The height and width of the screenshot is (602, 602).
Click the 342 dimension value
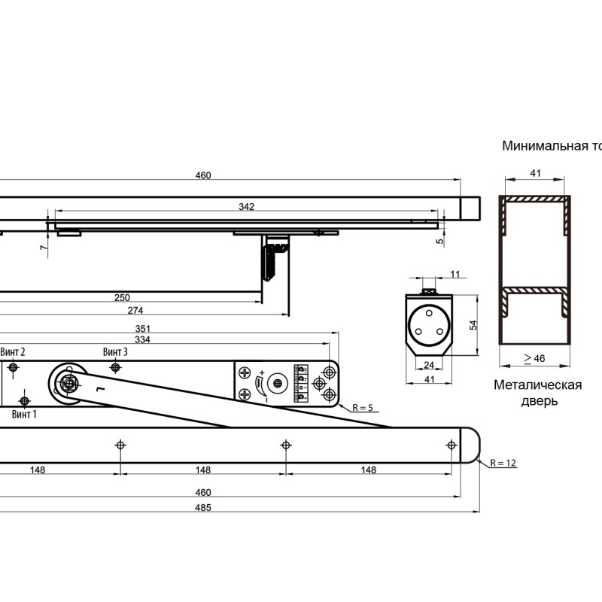coord(246,206)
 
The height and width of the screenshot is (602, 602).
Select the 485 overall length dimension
coord(202,507)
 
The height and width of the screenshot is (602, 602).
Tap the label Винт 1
coord(24,415)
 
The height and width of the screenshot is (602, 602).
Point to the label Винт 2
coord(13,351)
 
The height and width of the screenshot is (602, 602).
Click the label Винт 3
coord(115,351)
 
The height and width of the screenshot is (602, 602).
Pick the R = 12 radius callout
coord(503,463)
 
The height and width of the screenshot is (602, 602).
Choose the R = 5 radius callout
coord(363,408)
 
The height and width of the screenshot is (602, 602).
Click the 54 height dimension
coord(473,325)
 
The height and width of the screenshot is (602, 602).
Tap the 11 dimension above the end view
coord(455,274)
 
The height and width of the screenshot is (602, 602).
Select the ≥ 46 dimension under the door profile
coord(534,358)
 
